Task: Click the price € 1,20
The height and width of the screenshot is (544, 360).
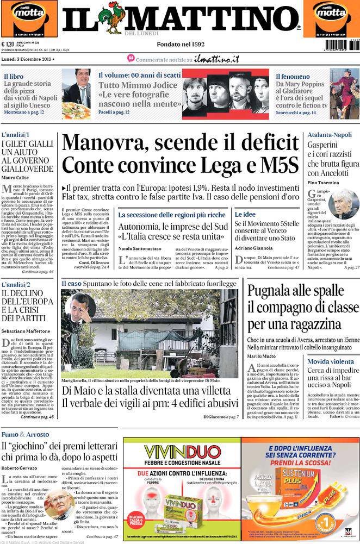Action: pos(8,45)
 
